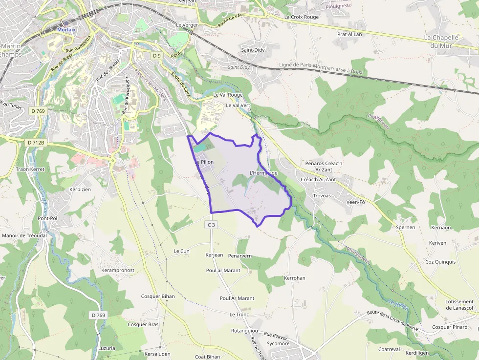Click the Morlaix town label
point(66,29)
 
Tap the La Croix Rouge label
point(301,17)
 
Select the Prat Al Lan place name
point(349,34)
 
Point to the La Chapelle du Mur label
point(441,41)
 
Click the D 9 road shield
point(156,56)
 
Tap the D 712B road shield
point(36,142)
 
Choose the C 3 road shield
point(211,225)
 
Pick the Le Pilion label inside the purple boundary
point(204,162)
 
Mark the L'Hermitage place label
point(263,173)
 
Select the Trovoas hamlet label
point(322,196)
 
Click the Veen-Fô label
point(355,202)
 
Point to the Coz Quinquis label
point(440,262)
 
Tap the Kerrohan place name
point(294,278)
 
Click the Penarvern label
point(240,255)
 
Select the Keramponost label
point(117,270)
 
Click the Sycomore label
point(278,343)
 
